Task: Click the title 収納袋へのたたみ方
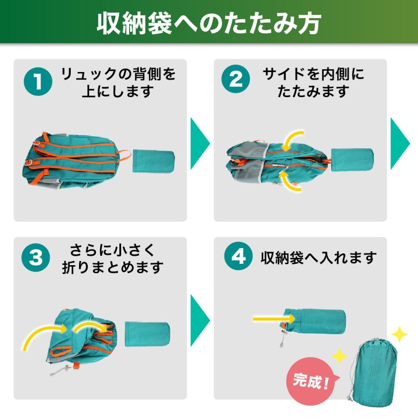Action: pos(209,22)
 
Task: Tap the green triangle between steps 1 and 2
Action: pos(200,144)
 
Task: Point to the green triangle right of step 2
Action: pos(399,144)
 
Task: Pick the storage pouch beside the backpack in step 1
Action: pos(153,161)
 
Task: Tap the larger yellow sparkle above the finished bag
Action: pos(398,334)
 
